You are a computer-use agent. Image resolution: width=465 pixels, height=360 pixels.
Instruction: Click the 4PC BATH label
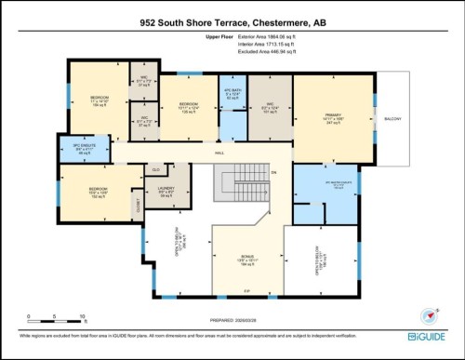[x=232, y=92]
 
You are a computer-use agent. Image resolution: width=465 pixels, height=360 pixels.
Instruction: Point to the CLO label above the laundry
[x=157, y=170]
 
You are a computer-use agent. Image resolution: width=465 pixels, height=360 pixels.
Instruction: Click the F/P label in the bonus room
[x=246, y=293]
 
